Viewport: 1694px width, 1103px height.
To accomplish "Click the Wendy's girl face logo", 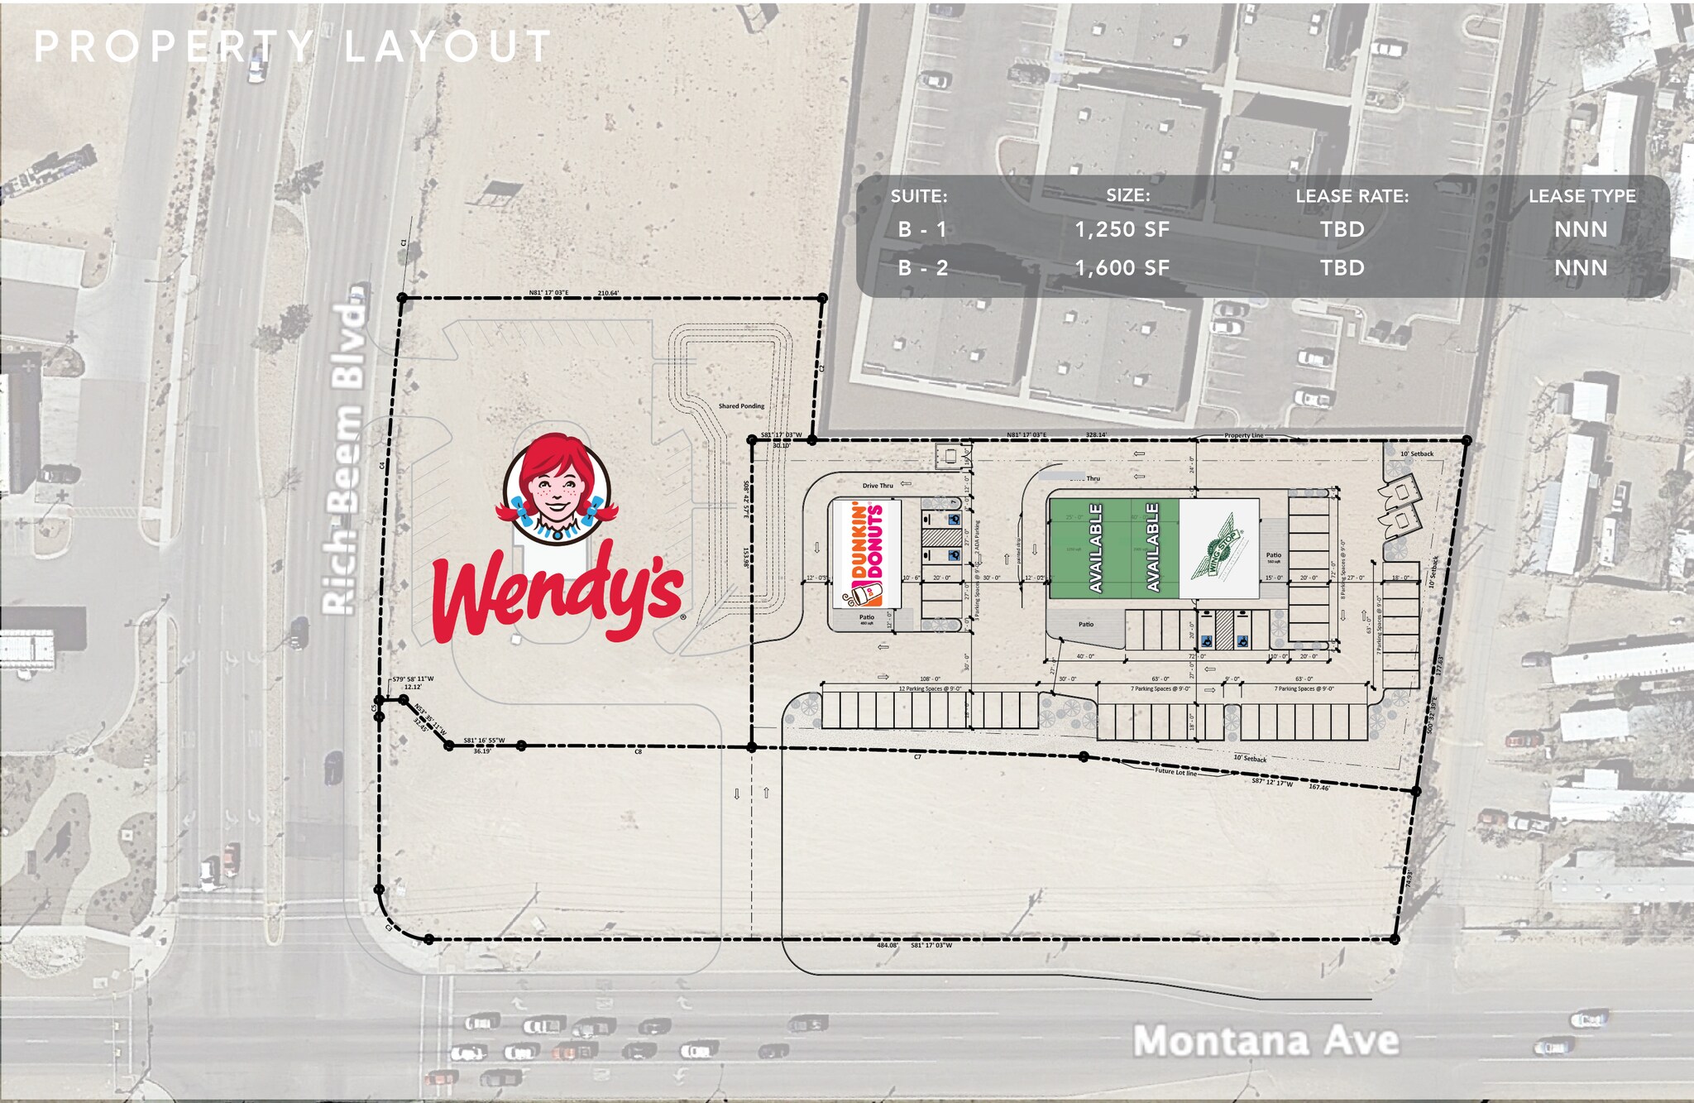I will (x=556, y=488).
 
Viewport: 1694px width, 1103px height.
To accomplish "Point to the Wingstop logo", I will (x=1218, y=547).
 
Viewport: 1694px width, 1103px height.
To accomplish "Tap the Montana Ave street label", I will (x=1265, y=1040).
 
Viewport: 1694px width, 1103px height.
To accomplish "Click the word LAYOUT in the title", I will (x=447, y=46).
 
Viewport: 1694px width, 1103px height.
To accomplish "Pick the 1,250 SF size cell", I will (x=1122, y=229).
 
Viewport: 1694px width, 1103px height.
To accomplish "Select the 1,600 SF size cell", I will (x=1122, y=267).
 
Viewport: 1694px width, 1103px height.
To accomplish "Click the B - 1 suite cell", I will (x=922, y=229).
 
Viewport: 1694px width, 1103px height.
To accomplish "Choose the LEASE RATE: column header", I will (x=1352, y=196).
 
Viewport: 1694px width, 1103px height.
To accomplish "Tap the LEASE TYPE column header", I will (x=1582, y=196).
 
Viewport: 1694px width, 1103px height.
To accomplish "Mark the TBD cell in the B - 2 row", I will (x=1342, y=267).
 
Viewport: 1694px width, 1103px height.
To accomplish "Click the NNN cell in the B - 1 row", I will (x=1581, y=229).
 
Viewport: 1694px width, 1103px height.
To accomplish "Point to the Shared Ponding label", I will (x=741, y=406).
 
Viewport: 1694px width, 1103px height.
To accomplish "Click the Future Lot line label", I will (x=1175, y=771).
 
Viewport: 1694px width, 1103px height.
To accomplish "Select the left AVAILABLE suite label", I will (x=1096, y=547).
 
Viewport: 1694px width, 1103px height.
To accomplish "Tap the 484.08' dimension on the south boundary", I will (x=888, y=945).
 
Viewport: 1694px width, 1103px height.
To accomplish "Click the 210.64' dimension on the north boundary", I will (x=608, y=293).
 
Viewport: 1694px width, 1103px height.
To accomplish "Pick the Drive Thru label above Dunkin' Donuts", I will (x=878, y=486).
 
